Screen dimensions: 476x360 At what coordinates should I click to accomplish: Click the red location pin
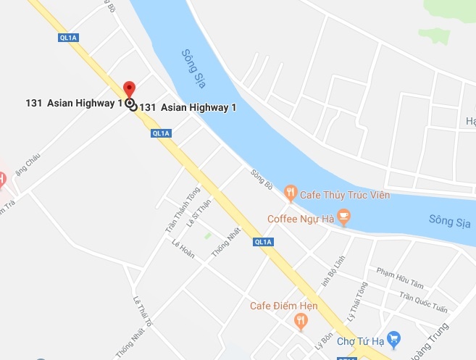click(x=130, y=88)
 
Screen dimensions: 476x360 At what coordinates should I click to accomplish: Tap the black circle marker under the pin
click(x=130, y=104)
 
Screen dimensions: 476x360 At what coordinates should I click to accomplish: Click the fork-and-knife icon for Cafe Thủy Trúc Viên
click(x=291, y=192)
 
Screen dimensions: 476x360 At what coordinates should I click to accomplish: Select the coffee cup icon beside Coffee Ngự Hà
click(x=343, y=216)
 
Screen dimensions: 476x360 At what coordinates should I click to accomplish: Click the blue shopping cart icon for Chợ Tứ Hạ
click(x=393, y=338)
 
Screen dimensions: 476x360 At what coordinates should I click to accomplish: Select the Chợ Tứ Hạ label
click(x=359, y=340)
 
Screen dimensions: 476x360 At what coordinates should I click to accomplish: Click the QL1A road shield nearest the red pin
click(x=160, y=133)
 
